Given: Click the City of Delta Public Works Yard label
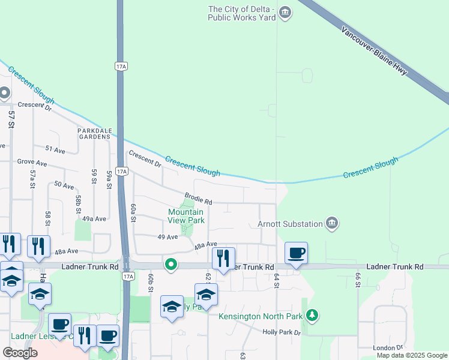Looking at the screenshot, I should point(241,13).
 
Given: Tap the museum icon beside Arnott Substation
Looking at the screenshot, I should point(332,224).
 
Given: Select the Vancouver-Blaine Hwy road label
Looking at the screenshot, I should point(374,51).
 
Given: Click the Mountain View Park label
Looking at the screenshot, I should point(186,216).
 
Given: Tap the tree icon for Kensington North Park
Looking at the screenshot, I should point(312,315).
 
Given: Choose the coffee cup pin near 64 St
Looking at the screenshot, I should point(295,253).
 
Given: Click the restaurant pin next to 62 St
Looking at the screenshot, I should point(223,259).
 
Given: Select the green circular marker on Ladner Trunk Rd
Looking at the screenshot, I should point(171,264).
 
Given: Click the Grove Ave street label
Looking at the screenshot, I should point(32,162).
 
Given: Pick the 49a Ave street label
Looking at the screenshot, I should point(94,219).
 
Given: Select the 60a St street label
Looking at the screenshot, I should point(133,212).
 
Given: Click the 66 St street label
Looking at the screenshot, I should point(358,280).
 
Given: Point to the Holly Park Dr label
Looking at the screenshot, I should point(281,332).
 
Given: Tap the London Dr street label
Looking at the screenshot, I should point(387,347).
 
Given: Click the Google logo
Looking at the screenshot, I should point(20,353).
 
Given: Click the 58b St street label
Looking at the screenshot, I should point(78,203).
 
